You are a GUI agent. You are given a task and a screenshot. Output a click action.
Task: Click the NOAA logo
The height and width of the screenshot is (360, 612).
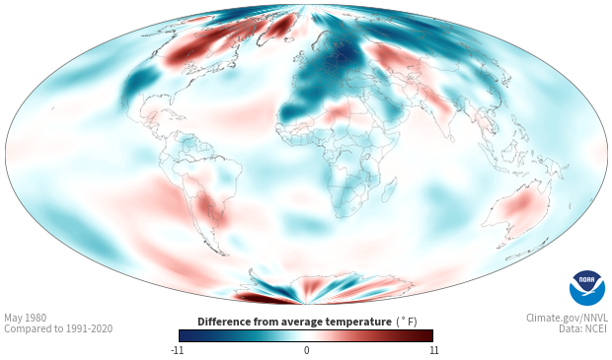coord(587,288)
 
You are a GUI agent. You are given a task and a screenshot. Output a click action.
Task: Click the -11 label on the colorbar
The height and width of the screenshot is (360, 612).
coord(177,350)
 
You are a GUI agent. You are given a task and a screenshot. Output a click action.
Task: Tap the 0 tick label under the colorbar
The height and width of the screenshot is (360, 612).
coord(306,350)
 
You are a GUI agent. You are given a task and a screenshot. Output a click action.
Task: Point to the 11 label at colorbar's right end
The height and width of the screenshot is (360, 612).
coord(434,350)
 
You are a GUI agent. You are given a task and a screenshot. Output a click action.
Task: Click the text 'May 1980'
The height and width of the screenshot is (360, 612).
coord(25,318)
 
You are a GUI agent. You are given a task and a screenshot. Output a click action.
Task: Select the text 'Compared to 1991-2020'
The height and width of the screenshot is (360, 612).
coord(58,328)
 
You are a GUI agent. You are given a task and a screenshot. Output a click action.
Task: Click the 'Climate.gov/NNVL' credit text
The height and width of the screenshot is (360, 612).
coord(567,318)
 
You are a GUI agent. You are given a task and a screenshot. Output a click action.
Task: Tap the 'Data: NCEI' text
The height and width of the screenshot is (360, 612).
coord(583,328)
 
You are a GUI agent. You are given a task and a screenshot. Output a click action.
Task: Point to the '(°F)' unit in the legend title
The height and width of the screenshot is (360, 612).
coord(407,322)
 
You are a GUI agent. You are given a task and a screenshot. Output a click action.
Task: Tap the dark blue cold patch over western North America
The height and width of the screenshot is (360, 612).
coord(138,82)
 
